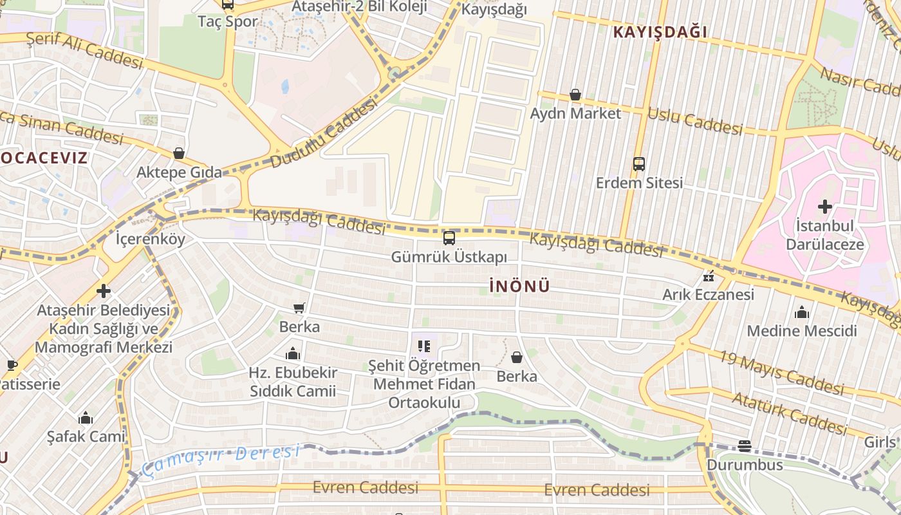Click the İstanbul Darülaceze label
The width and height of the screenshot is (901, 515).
click(824, 235)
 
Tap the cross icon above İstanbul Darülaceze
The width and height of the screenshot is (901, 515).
click(824, 207)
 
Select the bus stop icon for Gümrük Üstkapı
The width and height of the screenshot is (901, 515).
click(449, 238)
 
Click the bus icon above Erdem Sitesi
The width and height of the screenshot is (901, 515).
click(638, 164)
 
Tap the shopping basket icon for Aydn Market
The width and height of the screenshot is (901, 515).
click(575, 95)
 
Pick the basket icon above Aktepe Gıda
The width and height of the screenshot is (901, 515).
click(179, 153)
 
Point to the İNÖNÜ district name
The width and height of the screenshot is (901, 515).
click(519, 286)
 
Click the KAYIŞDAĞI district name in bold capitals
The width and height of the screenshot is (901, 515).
click(660, 32)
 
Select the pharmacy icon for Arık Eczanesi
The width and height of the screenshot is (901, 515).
click(709, 277)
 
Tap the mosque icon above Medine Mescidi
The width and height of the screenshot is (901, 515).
click(802, 312)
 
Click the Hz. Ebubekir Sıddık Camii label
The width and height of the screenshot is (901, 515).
click(293, 382)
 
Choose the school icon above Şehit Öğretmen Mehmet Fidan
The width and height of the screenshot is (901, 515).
click(423, 346)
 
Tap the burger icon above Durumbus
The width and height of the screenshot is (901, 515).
click(745, 445)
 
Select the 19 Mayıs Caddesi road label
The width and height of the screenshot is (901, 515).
click(781, 373)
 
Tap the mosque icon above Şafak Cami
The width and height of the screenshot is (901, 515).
click(86, 418)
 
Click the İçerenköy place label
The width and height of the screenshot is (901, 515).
click(150, 240)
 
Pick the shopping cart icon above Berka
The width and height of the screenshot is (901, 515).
click(299, 308)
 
